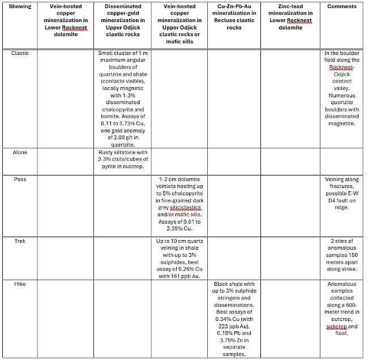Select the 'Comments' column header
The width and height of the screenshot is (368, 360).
coord(342,7)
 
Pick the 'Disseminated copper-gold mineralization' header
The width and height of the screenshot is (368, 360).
coord(123,19)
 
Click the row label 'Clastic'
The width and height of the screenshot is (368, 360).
coord(20,53)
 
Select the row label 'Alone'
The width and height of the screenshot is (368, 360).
coord(20,152)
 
